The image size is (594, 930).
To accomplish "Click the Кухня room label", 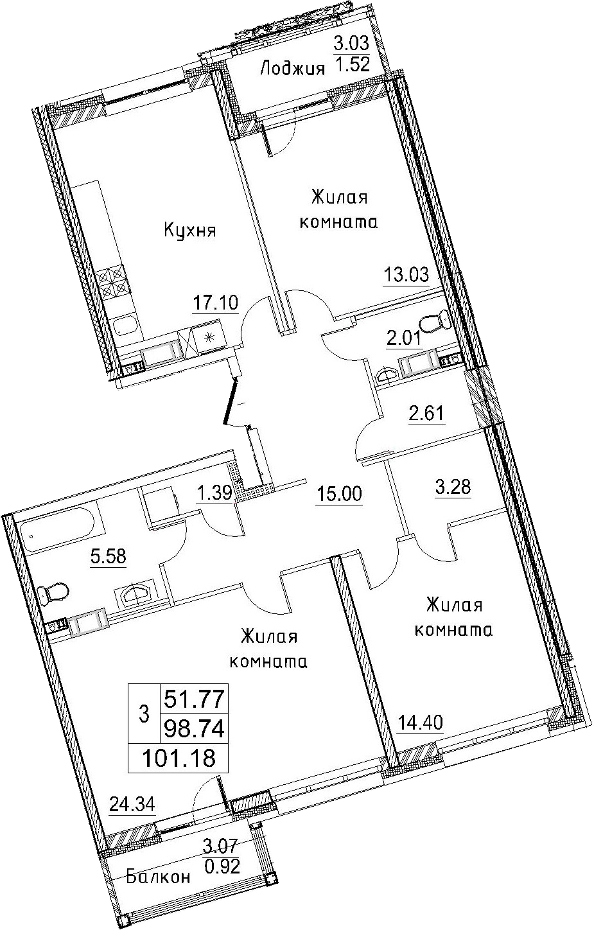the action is point(190,231).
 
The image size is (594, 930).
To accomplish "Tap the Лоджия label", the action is point(292,69).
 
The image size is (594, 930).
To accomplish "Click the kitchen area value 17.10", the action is point(215,303).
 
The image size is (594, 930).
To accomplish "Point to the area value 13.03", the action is point(406,275).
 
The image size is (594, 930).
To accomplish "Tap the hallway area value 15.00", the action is point(339,494).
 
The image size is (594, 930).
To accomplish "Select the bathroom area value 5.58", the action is point(108,556).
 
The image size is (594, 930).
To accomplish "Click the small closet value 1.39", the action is point(214,493).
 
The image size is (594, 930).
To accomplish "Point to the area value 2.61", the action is point(427,414).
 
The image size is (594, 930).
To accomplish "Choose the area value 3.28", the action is point(453,487).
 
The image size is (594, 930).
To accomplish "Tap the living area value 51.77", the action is point(195,699).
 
